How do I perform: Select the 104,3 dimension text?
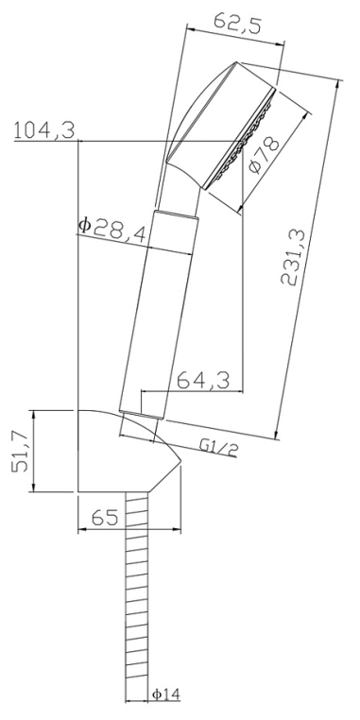point(44,130)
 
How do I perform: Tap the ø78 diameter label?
point(263,155)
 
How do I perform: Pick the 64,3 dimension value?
point(203,381)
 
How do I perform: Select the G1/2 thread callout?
point(219,447)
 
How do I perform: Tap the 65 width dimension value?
point(105,518)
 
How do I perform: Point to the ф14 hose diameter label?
point(166,694)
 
